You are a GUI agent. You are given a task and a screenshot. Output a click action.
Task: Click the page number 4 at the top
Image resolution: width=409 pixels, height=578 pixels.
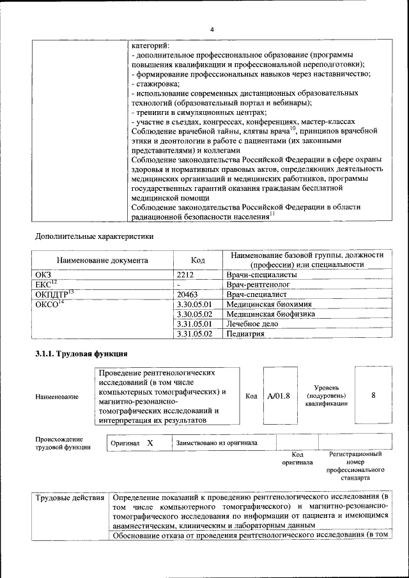tap(212, 29)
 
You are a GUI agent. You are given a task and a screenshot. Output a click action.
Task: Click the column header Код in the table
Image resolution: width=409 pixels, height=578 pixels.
tap(198, 260)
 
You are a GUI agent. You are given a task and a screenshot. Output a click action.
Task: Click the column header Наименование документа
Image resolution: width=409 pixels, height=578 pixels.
tap(102, 261)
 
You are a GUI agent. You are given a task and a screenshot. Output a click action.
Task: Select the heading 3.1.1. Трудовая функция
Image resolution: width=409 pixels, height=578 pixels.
tap(81, 353)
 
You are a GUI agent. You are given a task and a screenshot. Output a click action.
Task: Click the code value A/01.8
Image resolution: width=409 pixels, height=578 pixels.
tap(279, 395)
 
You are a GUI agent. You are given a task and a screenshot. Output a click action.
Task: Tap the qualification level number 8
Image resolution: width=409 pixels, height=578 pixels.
tap(373, 395)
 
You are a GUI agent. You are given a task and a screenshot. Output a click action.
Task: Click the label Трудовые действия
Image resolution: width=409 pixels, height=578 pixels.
tap(70, 496)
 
